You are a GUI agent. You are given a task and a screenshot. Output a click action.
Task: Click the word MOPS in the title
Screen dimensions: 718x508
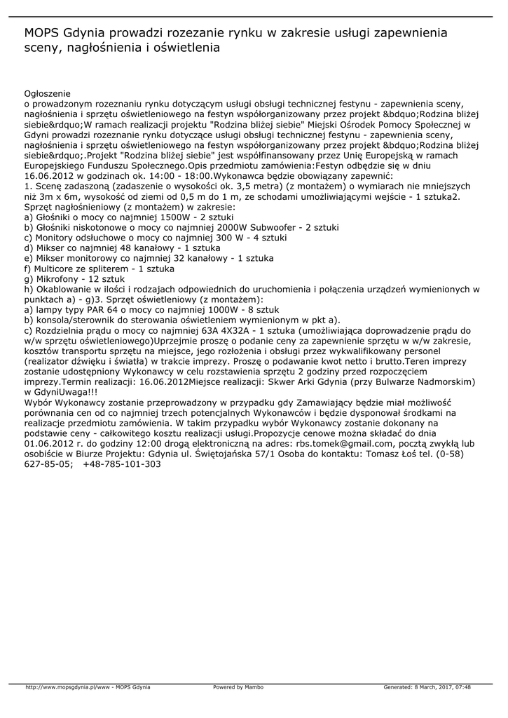pyautogui.click(x=41, y=33)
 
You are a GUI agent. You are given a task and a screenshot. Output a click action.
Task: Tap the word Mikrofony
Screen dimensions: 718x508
pyautogui.click(x=60, y=279)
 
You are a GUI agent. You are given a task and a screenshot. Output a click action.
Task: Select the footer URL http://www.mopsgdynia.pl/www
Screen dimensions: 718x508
pyautogui.click(x=67, y=687)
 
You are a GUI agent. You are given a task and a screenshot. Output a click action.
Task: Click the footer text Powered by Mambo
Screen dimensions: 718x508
pyautogui.click(x=238, y=687)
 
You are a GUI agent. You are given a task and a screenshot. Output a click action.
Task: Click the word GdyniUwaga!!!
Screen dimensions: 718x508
pyautogui.click(x=66, y=392)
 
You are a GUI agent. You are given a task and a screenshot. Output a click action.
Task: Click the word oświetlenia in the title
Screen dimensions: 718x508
pyautogui.click(x=185, y=48)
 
